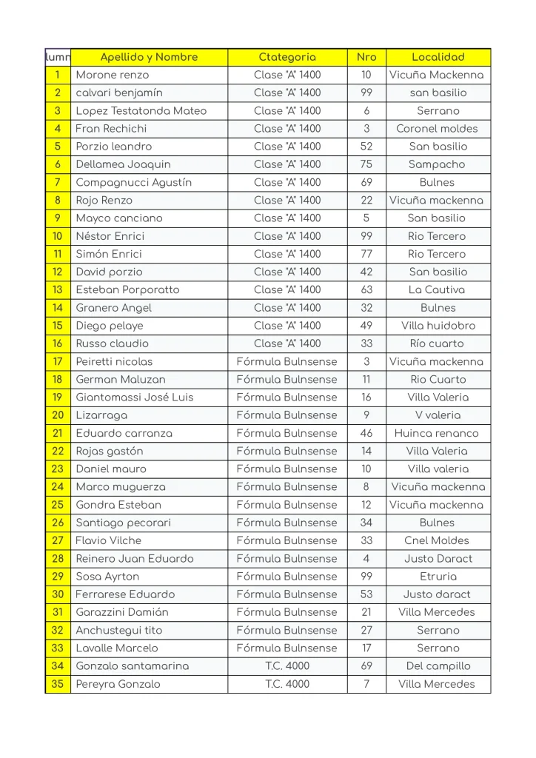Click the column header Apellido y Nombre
tap(149, 57)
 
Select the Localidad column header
tap(438, 57)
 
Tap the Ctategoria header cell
tap(287, 57)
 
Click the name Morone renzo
tap(113, 75)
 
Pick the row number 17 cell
tap(58, 361)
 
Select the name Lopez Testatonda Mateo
tap(141, 111)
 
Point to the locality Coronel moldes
tap(438, 129)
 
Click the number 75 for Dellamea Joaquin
tap(366, 164)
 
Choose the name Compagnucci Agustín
tap(134, 182)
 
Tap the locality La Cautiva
tap(438, 289)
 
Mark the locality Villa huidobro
tap(438, 326)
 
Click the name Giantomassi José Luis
tap(135, 397)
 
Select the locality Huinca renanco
tap(437, 433)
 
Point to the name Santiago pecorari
tap(124, 523)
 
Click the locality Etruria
tap(438, 576)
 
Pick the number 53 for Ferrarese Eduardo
tap(366, 594)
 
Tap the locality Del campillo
tap(438, 665)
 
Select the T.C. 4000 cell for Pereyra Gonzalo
tap(287, 684)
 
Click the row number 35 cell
tap(58, 684)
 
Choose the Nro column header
tap(366, 57)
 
